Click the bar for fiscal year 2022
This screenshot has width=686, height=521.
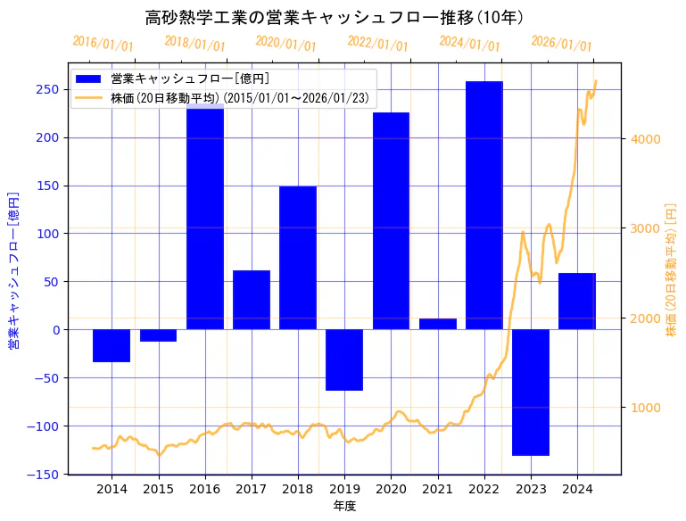(484, 205)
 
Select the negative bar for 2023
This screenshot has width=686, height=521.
(531, 393)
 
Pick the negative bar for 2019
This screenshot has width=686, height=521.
(344, 360)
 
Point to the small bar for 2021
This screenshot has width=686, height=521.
(437, 324)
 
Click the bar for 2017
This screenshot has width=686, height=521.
(252, 300)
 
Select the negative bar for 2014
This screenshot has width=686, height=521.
(112, 345)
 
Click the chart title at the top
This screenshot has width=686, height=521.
(334, 18)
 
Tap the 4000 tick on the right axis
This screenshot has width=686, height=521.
(645, 139)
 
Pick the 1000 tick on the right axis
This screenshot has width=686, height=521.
(645, 408)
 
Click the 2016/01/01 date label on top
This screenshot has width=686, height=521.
(103, 44)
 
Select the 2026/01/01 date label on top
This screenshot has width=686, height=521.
(561, 44)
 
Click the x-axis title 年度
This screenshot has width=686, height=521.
(344, 506)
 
